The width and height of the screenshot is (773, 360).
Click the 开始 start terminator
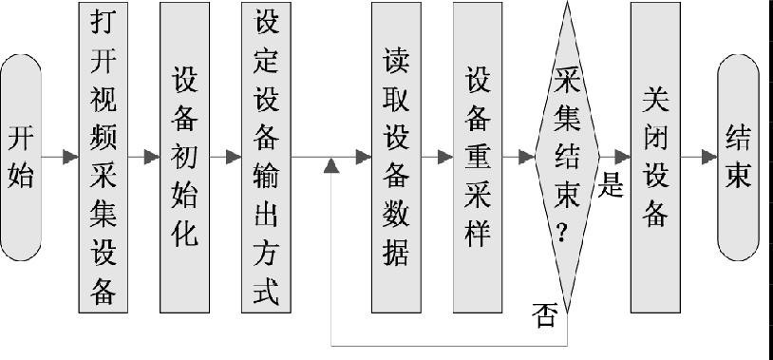[21, 157]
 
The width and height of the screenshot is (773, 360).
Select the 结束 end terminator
[739, 157]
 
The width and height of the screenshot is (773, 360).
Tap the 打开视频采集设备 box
[103, 157]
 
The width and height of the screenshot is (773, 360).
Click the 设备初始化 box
[185, 157]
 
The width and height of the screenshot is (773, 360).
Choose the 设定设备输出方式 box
[267, 157]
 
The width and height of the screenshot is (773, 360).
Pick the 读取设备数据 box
[396, 157]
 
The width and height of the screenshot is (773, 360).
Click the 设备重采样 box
[478, 157]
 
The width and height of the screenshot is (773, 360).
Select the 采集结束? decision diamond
[568, 157]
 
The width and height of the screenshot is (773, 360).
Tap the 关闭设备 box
[655, 157]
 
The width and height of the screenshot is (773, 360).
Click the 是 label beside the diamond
[612, 184]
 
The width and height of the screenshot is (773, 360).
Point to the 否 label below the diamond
[544, 316]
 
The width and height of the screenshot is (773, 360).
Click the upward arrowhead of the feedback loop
[330, 167]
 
